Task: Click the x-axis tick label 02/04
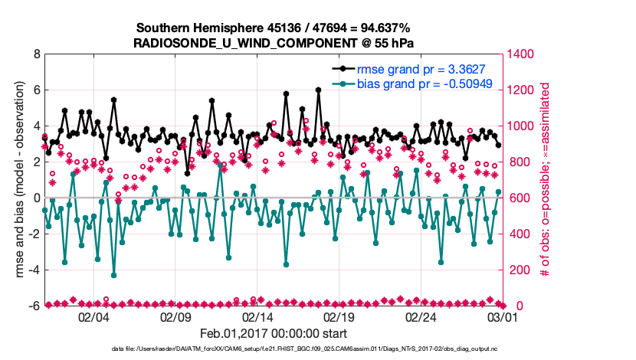pos(94,316)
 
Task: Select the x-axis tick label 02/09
pos(176,316)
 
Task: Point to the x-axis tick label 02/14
pos(258,316)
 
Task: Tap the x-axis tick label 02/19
pos(339,316)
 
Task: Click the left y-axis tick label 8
pos(36,54)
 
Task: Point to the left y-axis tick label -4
pos(34,270)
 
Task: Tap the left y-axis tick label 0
pos(36,198)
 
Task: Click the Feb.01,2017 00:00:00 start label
pos(274,334)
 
